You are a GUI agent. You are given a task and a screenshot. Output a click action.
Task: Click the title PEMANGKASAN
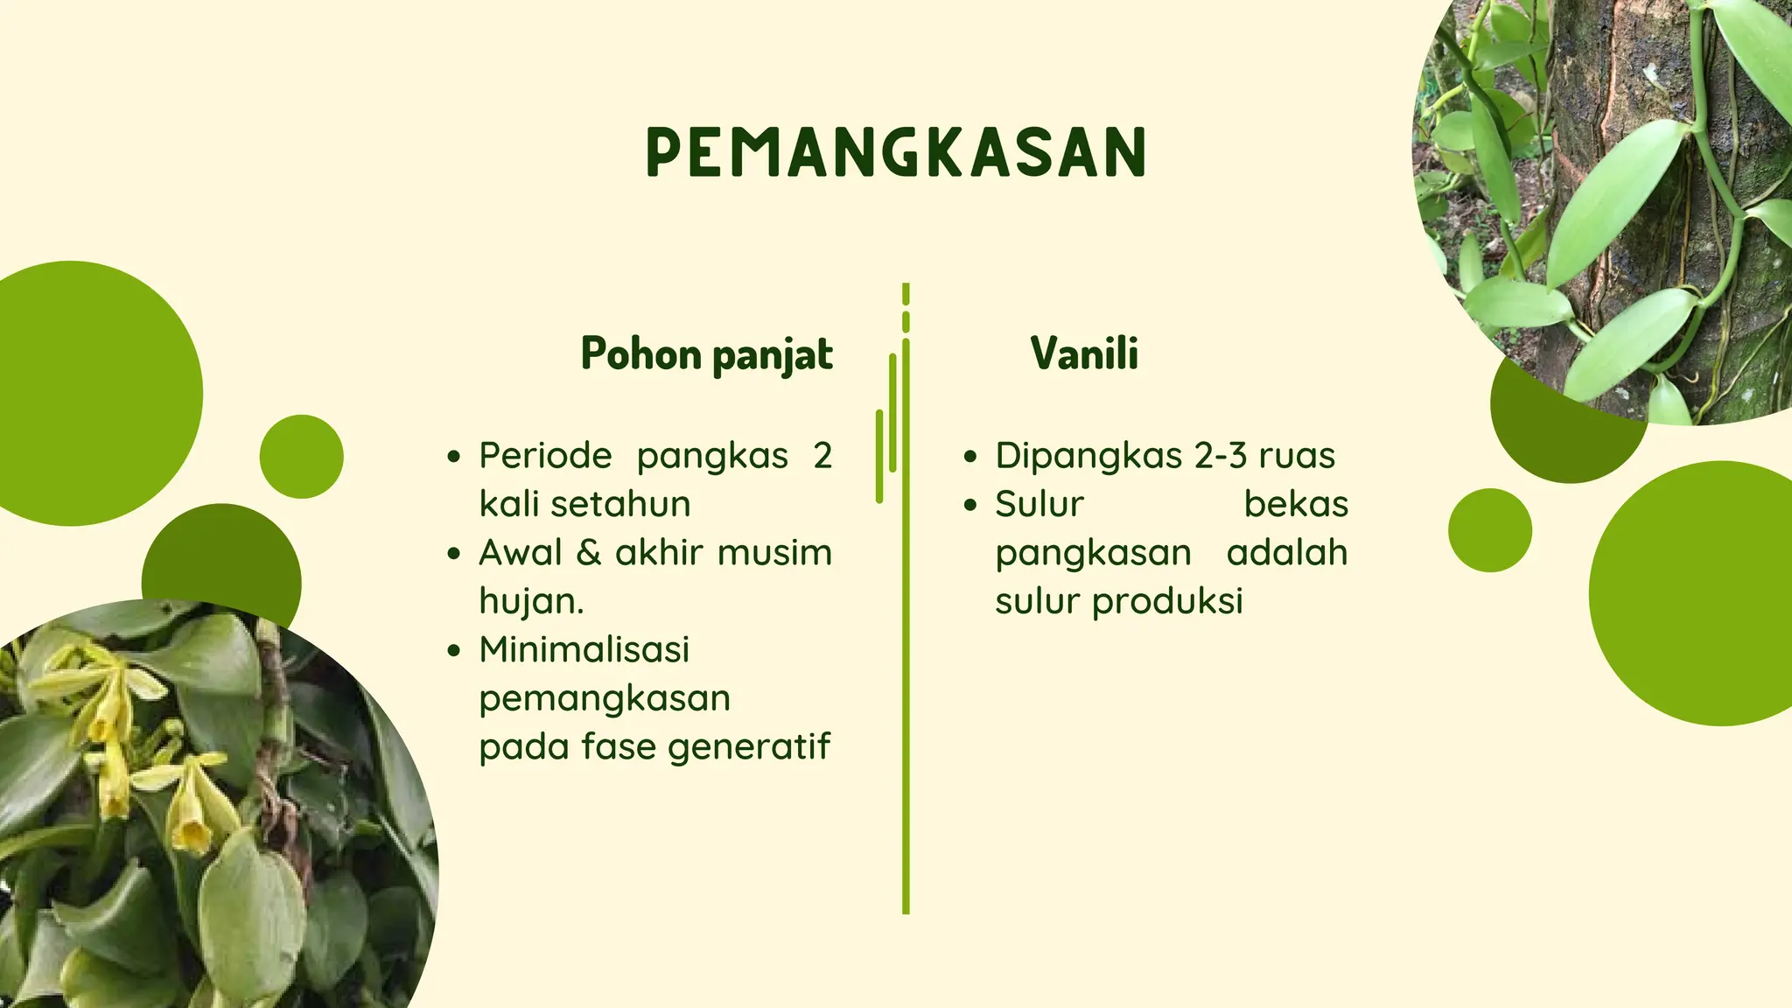(x=896, y=152)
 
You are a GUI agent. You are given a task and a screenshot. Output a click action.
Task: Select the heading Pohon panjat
(x=707, y=354)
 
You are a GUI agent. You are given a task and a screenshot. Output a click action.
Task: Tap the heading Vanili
(x=1084, y=353)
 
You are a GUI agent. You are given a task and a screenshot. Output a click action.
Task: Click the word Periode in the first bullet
(x=545, y=456)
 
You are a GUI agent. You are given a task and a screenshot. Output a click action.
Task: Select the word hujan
(x=530, y=602)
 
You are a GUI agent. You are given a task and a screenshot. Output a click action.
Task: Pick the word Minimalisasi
(x=584, y=650)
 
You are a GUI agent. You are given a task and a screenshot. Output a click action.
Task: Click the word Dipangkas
(x=1088, y=456)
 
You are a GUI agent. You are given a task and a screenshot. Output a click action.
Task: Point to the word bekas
(x=1296, y=505)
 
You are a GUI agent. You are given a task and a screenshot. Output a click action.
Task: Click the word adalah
(x=1286, y=553)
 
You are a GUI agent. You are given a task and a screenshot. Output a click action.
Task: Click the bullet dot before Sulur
(x=969, y=505)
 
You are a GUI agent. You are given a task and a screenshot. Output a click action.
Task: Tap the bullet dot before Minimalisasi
(x=453, y=651)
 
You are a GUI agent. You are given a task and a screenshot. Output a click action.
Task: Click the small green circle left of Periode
(x=302, y=457)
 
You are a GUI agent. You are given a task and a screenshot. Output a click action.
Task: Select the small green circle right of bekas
(x=1489, y=530)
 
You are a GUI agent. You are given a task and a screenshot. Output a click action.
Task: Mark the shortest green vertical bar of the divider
(x=906, y=293)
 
